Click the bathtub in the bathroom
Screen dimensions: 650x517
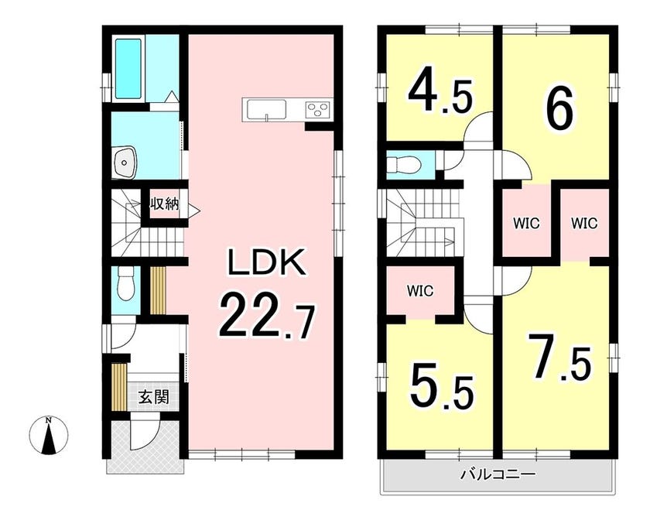click(x=128, y=68)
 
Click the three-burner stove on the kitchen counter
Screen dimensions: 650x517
click(x=318, y=110)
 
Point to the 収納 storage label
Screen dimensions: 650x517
click(x=164, y=204)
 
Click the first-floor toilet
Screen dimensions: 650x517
click(x=125, y=283)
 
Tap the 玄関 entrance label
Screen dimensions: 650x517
click(x=154, y=398)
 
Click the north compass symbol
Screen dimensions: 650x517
click(x=49, y=435)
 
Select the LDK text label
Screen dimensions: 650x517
click(x=268, y=262)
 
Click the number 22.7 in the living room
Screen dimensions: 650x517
click(x=266, y=315)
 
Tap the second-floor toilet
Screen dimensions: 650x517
click(x=404, y=166)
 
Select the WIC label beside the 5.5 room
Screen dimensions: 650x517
click(x=420, y=291)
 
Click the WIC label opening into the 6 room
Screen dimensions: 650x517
click(x=526, y=224)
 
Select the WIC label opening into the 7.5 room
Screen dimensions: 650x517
click(x=584, y=224)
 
